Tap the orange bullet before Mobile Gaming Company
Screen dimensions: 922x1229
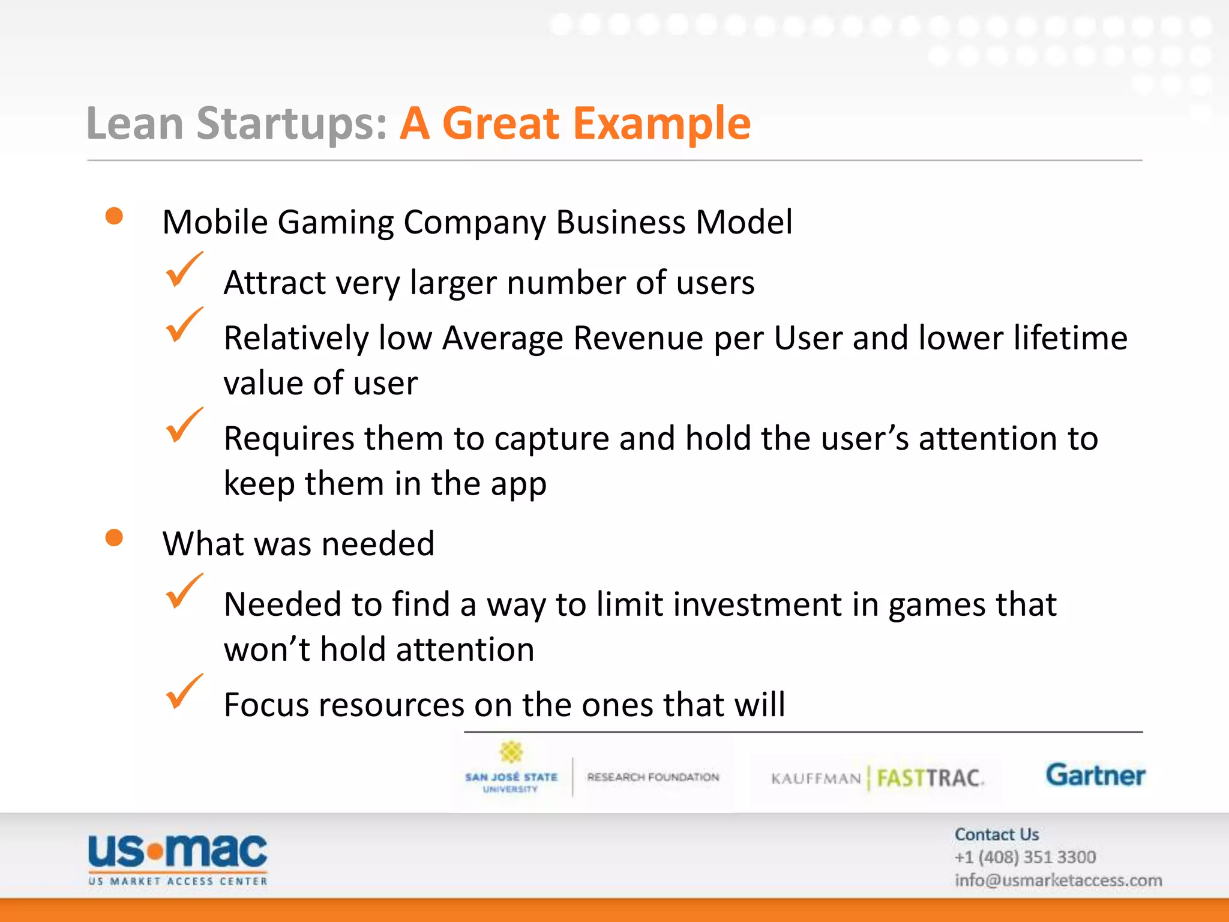click(x=114, y=216)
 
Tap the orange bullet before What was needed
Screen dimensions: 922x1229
click(x=114, y=538)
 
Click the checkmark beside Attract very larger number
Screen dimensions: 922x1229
click(x=183, y=271)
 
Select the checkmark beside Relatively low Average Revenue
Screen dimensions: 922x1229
click(x=183, y=326)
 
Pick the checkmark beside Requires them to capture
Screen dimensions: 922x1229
click(x=183, y=426)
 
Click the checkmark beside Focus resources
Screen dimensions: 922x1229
click(x=183, y=692)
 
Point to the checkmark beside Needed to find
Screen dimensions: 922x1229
click(x=183, y=592)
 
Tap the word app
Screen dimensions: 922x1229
click(x=518, y=485)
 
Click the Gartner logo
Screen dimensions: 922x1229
click(x=1095, y=776)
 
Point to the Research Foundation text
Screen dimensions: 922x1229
click(x=653, y=777)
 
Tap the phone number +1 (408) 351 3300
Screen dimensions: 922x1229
click(x=1025, y=857)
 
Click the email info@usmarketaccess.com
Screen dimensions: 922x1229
click(x=1058, y=881)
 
